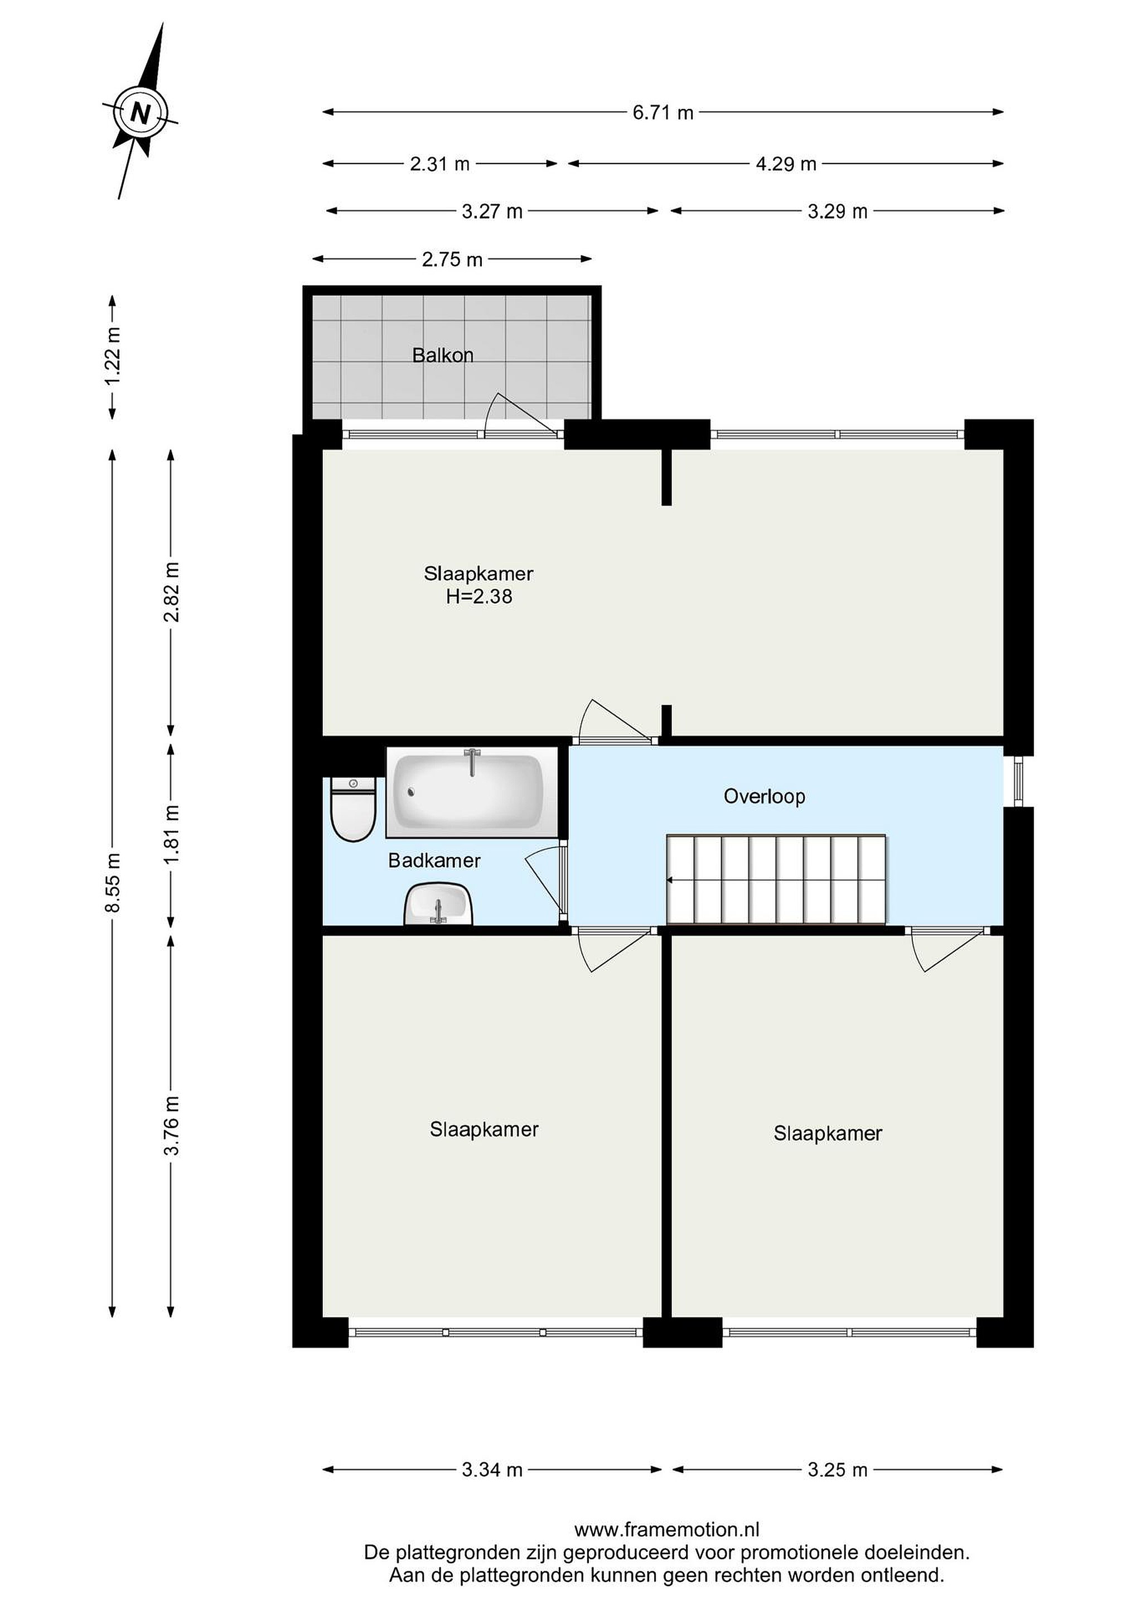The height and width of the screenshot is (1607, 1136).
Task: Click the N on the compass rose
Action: tap(141, 113)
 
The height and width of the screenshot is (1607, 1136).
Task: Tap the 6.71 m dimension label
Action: tap(663, 112)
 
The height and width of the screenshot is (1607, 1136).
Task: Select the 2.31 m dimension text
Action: tap(439, 164)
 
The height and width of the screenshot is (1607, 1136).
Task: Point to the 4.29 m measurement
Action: tap(786, 164)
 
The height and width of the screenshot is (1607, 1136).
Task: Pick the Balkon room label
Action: tap(443, 355)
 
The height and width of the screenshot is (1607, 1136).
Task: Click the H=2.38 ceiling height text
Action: tap(479, 596)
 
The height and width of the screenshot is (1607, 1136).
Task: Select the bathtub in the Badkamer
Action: tap(468, 792)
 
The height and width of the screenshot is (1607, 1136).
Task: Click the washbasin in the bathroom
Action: tap(438, 903)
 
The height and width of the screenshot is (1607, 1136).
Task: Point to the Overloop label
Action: tap(765, 796)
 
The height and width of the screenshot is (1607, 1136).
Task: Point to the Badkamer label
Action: tap(434, 860)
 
